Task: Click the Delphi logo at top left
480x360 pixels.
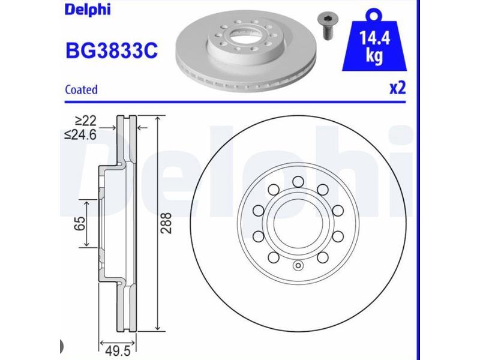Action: coord(87,10)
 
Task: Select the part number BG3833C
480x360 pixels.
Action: coord(112,50)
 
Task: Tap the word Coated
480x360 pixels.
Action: coord(82,89)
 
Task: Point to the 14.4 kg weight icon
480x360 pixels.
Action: coord(374,43)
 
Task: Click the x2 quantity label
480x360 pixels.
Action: coord(398,88)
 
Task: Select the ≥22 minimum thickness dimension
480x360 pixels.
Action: coord(86,121)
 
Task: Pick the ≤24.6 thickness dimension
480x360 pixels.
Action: coord(80,134)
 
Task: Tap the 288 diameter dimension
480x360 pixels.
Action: coord(167,223)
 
